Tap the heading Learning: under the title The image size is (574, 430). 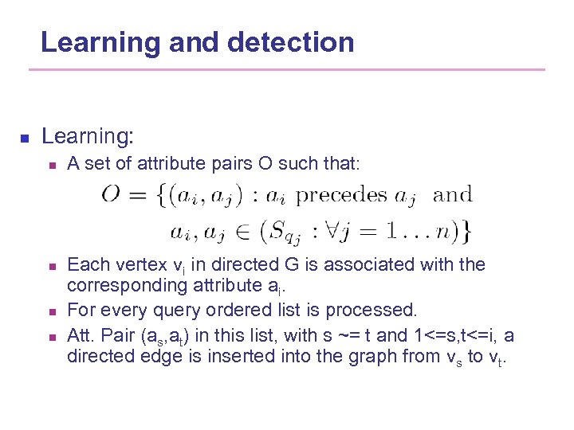[88, 136]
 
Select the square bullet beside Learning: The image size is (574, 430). [24, 138]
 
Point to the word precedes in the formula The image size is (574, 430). [341, 195]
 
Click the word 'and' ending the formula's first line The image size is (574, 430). [454, 194]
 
